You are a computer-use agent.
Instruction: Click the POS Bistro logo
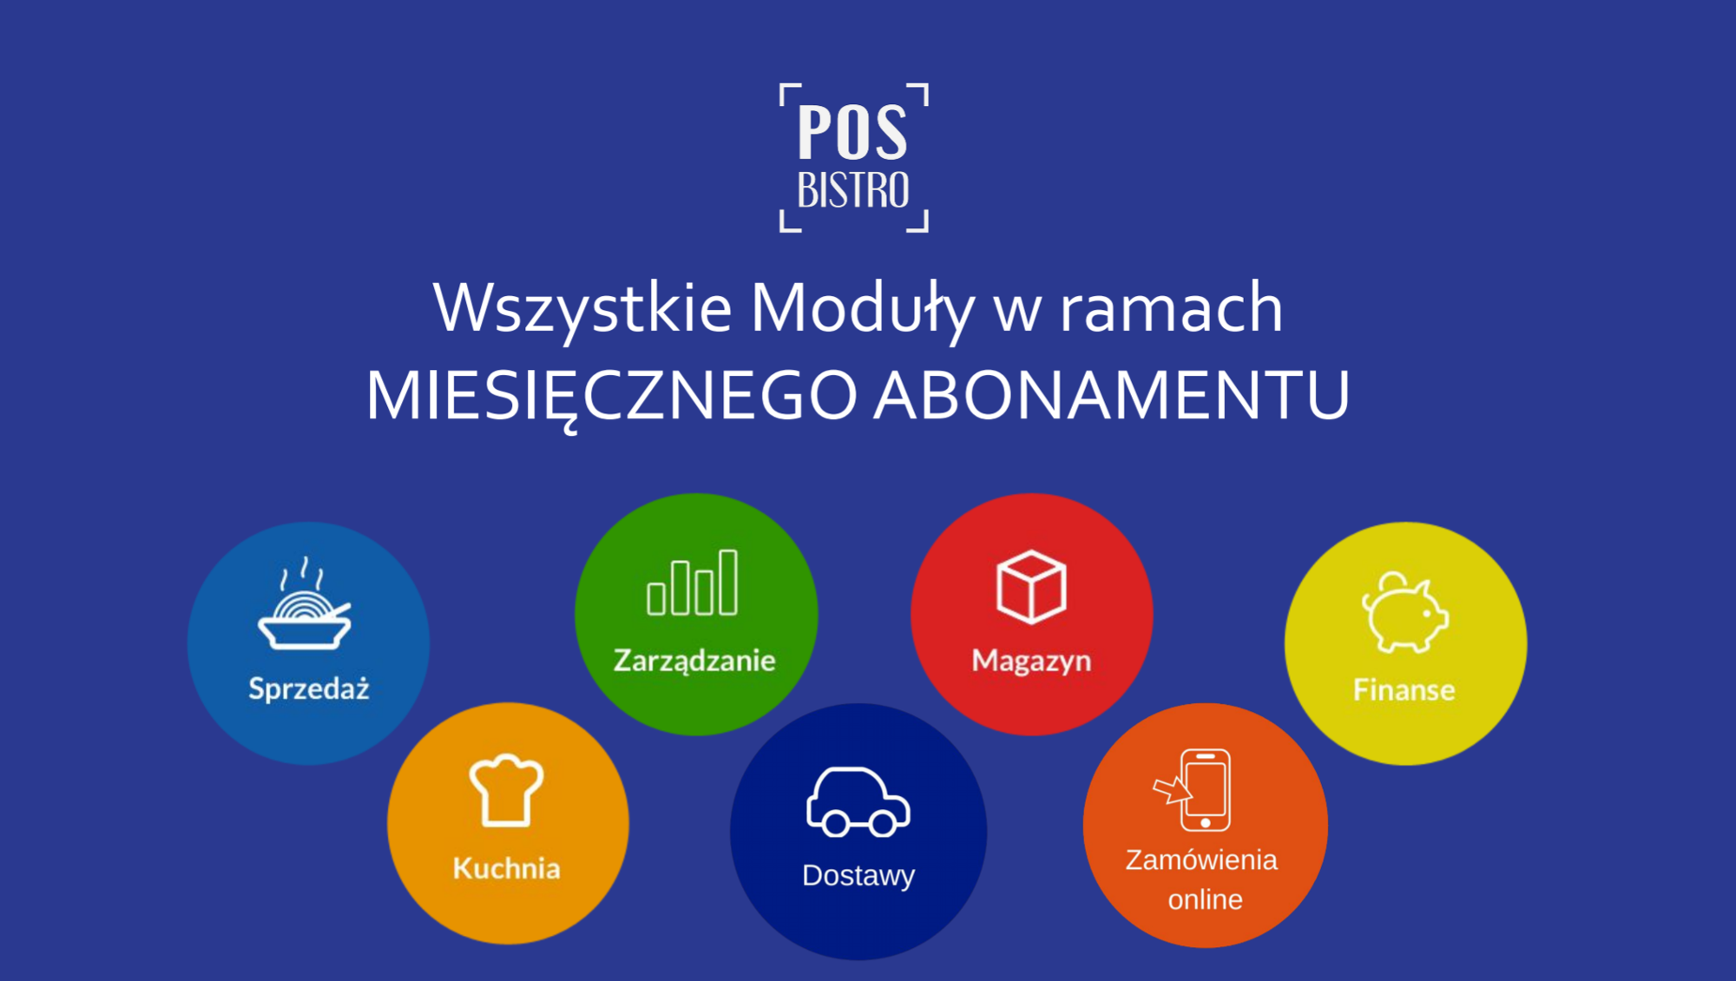click(854, 158)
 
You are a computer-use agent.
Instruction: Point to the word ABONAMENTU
click(1111, 395)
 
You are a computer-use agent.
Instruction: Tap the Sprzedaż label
click(309, 688)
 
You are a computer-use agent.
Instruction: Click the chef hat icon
click(507, 790)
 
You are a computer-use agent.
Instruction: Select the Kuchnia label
click(507, 868)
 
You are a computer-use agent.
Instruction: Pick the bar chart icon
click(693, 583)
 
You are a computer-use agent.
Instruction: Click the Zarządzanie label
click(694, 662)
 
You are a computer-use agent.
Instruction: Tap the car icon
click(858, 802)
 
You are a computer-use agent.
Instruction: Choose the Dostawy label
click(858, 876)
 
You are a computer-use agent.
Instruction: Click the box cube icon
click(1031, 587)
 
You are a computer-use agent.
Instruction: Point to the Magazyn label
click(1031, 662)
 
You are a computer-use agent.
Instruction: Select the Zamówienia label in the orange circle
click(1201, 859)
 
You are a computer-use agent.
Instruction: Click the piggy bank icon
click(1405, 612)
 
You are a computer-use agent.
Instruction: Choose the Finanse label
click(1404, 690)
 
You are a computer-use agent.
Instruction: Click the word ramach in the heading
click(1171, 308)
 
